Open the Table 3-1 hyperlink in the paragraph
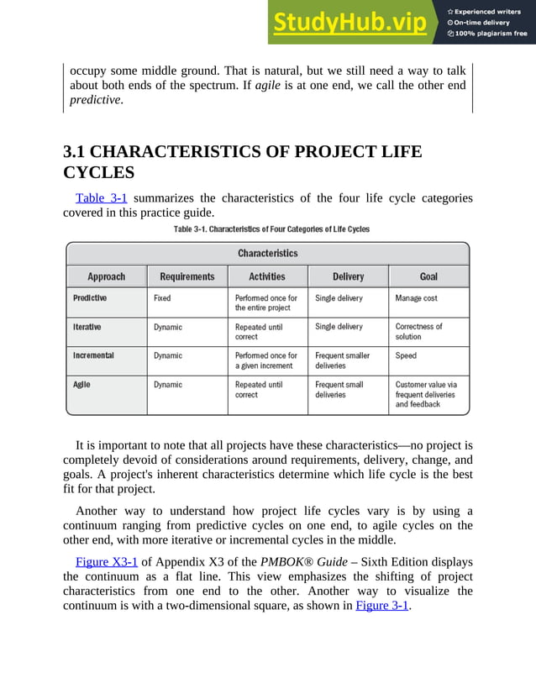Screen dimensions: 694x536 point(101,198)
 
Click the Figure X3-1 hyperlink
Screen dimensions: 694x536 point(106,561)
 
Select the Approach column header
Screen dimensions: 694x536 point(106,276)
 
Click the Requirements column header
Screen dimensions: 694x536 point(187,276)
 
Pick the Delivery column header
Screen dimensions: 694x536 point(348,276)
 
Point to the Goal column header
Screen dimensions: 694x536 point(428,276)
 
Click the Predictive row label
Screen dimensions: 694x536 point(90,298)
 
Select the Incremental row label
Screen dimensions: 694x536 point(93,355)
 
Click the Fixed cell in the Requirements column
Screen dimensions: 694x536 point(162,298)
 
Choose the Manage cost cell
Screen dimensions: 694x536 point(416,298)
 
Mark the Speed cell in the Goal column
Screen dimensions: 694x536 point(407,355)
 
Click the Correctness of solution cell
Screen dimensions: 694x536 point(418,332)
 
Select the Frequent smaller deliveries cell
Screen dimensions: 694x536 point(342,360)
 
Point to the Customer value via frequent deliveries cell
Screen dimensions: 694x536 point(426,394)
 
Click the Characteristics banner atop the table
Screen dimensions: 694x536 point(267,253)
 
